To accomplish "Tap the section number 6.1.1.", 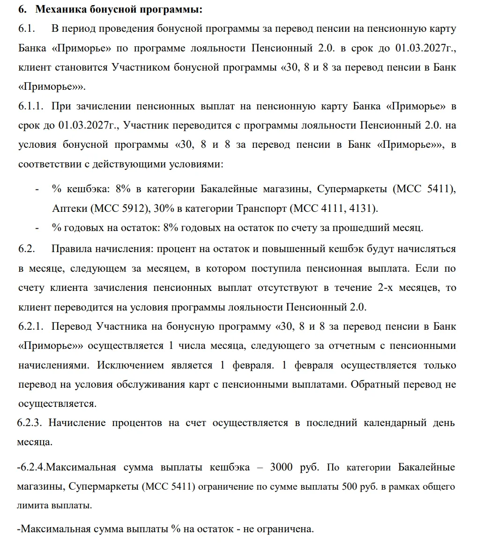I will (x=31, y=106).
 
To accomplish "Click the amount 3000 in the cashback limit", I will (x=283, y=467).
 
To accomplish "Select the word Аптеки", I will (x=70, y=209).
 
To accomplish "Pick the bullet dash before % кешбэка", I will (x=37, y=190).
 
